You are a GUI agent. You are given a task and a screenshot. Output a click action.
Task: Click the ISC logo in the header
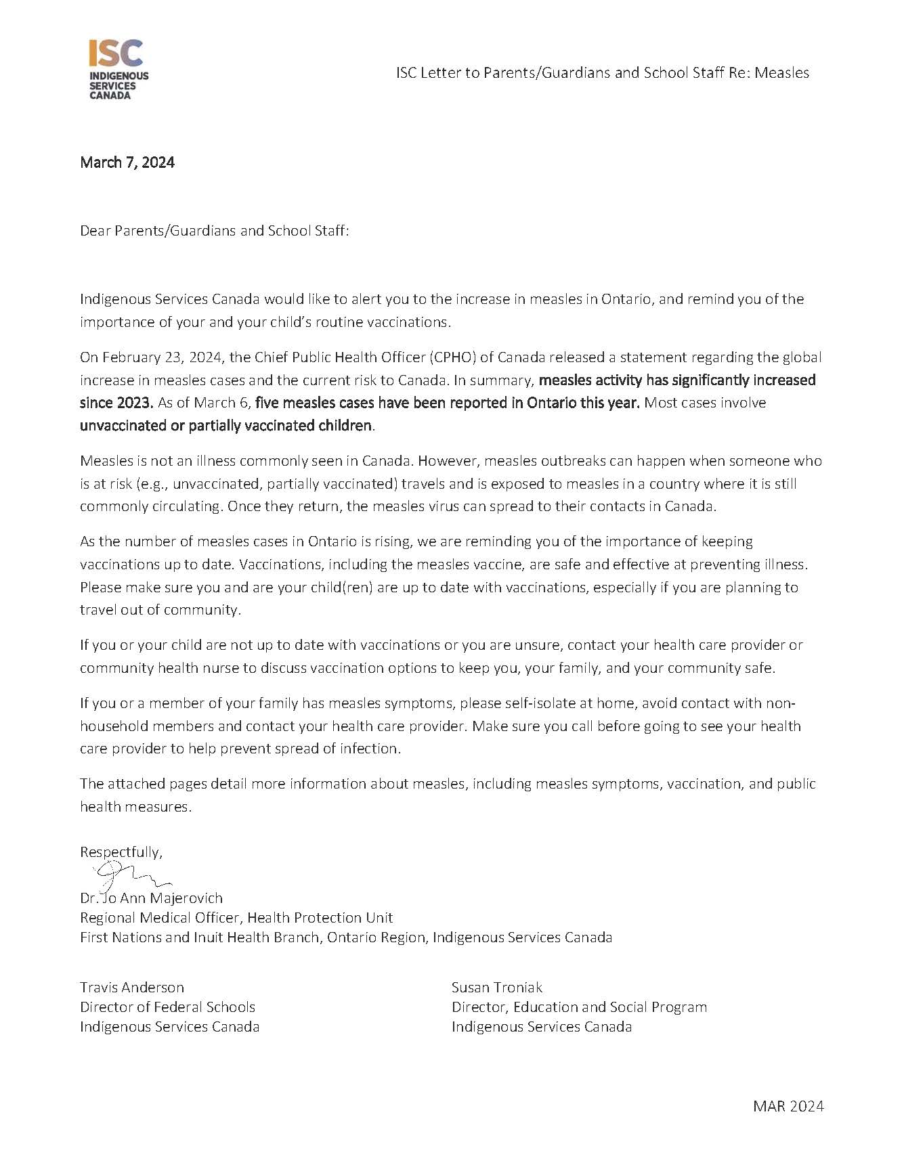tap(119, 70)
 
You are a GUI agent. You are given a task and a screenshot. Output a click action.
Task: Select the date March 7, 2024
tap(127, 162)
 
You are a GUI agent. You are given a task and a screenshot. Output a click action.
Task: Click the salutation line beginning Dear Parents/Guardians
tap(214, 231)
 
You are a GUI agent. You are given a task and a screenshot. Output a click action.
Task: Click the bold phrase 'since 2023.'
tap(116, 403)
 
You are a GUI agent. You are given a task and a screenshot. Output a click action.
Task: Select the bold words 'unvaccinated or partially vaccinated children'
tap(226, 426)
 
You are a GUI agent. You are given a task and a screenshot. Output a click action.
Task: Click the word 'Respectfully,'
tap(121, 852)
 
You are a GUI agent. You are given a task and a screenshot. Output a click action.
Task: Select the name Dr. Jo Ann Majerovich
tap(151, 898)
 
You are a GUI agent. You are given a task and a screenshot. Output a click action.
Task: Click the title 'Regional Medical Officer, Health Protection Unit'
tap(236, 918)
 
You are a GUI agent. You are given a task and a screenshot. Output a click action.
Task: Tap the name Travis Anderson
tap(132, 988)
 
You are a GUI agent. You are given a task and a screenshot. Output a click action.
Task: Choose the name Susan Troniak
tap(497, 988)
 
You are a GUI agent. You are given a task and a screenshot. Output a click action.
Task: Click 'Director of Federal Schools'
tap(167, 1007)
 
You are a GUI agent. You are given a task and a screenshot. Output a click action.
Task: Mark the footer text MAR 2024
tap(788, 1107)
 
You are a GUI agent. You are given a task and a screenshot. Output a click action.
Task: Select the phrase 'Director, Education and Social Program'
tap(579, 1007)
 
